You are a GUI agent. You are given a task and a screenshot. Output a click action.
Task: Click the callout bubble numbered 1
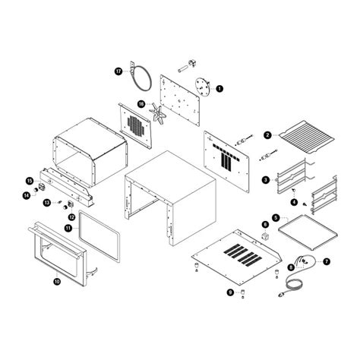tap(219, 88)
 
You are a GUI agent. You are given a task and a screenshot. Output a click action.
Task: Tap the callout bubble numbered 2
tap(267, 136)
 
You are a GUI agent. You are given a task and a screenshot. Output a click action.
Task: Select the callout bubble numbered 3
tap(265, 180)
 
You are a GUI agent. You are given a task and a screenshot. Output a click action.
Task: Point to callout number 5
tap(276, 217)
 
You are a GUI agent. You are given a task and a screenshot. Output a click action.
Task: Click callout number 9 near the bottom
tap(230, 292)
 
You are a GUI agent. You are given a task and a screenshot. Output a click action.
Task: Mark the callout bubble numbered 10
tap(57, 280)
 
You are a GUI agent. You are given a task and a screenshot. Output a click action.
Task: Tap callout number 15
tap(30, 181)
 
